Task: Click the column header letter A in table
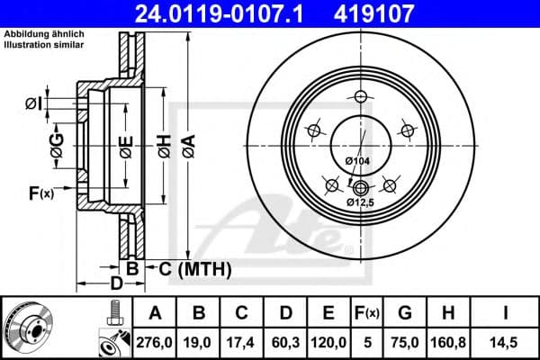pyautogui.click(x=155, y=313)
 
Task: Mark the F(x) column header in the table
pyautogui.click(x=366, y=313)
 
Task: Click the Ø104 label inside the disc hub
pyautogui.click(x=358, y=160)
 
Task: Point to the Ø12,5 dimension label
pyautogui.click(x=362, y=203)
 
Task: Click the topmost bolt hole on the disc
pyautogui.click(x=361, y=97)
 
